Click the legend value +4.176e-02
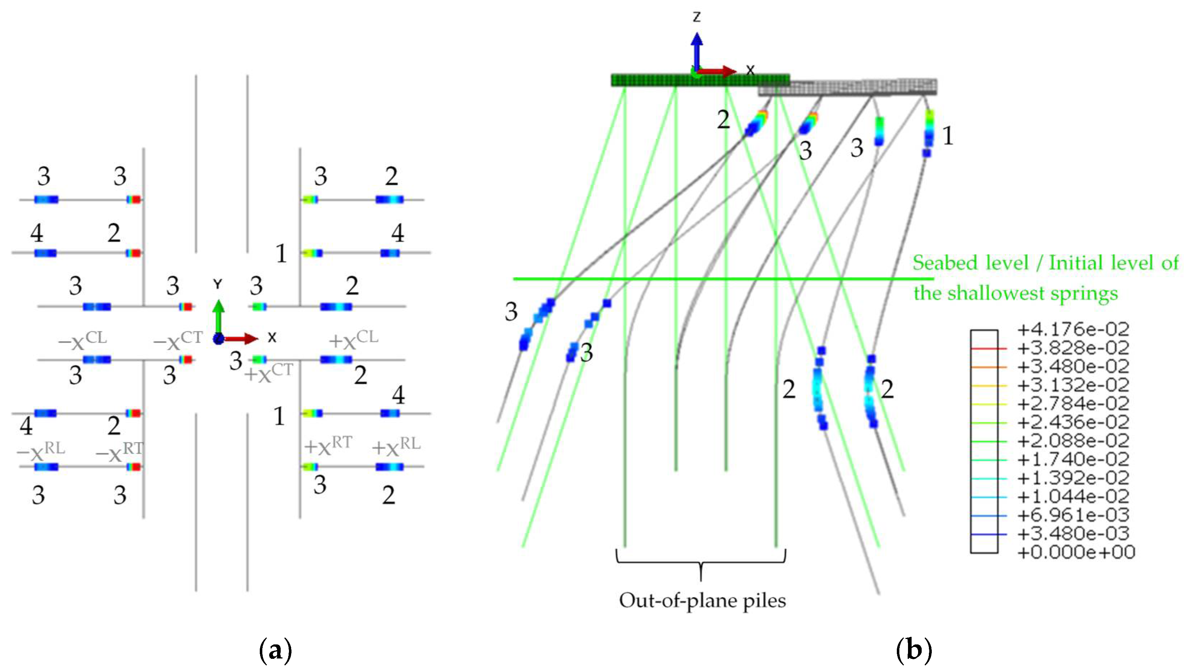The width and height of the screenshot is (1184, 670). coord(1073,329)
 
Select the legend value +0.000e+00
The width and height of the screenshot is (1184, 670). coord(1076,552)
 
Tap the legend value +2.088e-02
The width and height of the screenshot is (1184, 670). coord(1073,441)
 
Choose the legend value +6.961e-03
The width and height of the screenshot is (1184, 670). coord(1073,515)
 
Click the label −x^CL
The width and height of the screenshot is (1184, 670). coord(83,341)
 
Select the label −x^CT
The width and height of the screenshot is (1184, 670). coord(178,341)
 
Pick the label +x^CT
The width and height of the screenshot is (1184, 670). coord(269,373)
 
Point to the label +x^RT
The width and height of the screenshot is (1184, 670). coord(328,445)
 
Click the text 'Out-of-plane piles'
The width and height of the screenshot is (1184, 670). coord(702,600)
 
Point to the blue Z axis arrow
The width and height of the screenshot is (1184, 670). coord(696,50)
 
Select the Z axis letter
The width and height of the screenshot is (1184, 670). coord(696,17)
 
